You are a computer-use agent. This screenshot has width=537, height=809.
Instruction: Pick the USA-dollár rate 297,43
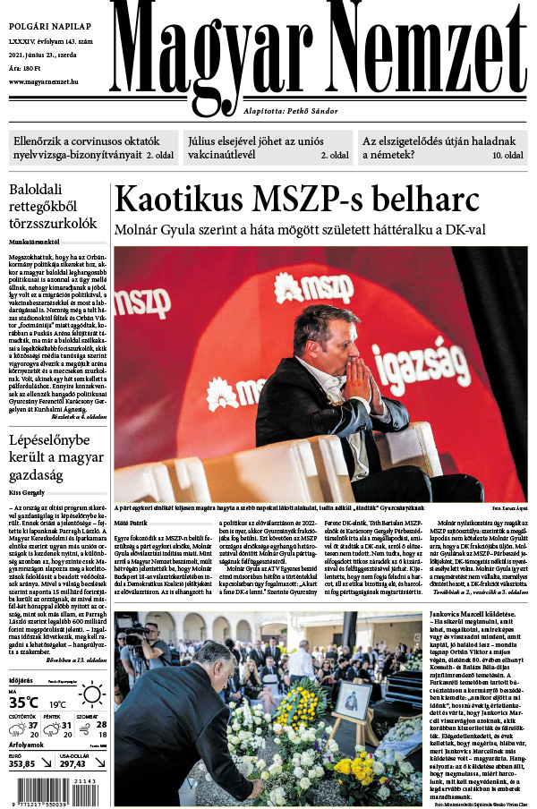click(x=72, y=763)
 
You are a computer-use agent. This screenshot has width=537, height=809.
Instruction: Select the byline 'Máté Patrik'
click(x=130, y=520)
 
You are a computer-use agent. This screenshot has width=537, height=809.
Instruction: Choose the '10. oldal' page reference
click(x=507, y=156)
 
